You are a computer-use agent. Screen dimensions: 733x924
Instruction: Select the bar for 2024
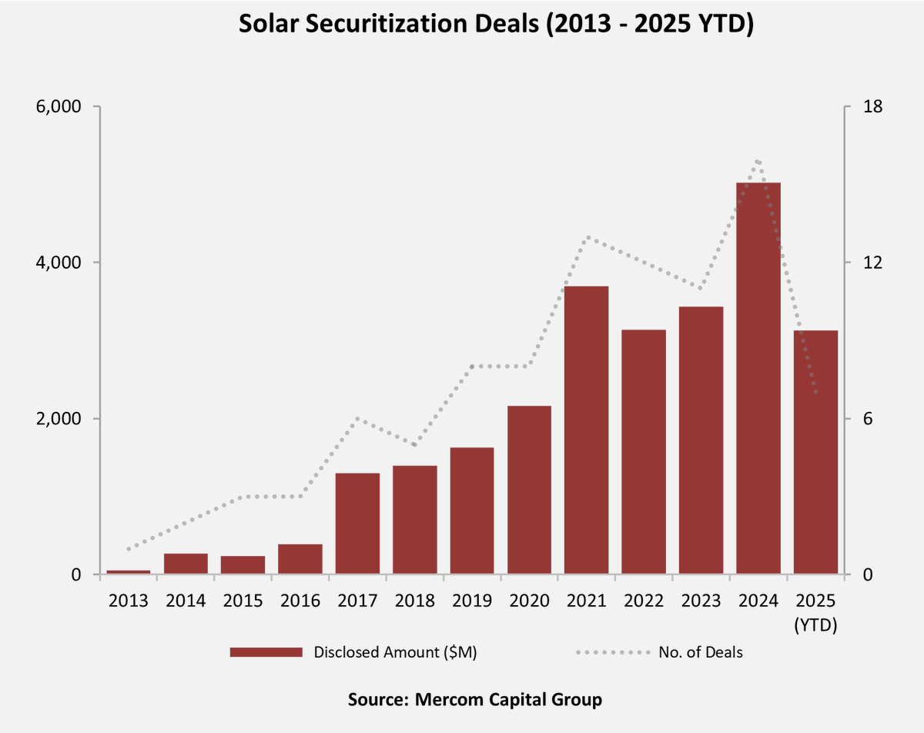click(x=758, y=377)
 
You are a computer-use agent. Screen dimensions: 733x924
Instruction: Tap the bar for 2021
click(x=586, y=430)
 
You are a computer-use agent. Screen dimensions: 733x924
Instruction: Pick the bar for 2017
click(x=357, y=524)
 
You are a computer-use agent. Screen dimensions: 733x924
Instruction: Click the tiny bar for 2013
click(x=128, y=572)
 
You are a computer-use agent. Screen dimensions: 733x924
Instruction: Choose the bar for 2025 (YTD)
click(x=815, y=452)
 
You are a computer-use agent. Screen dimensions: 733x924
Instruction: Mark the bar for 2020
click(x=529, y=490)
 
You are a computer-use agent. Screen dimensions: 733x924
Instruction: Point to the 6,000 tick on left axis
click(x=59, y=106)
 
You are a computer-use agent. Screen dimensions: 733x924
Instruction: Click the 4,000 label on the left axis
click(x=59, y=263)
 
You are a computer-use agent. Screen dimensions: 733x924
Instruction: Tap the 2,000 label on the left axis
click(x=59, y=419)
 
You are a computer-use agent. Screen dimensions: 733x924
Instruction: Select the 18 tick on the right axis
click(x=872, y=106)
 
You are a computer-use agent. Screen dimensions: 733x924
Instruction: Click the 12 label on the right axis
click(x=872, y=263)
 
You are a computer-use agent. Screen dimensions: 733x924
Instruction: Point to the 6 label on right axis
click(x=868, y=419)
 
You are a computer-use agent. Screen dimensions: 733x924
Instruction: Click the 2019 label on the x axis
click(x=472, y=601)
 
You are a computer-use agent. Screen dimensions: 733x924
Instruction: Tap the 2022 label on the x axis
click(x=644, y=601)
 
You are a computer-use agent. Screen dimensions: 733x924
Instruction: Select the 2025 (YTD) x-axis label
click(x=815, y=612)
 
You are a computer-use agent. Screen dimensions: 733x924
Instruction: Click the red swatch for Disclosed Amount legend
click(x=266, y=652)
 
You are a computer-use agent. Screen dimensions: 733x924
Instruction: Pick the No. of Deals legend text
click(x=701, y=652)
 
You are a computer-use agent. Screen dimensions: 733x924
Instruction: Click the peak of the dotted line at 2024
click(x=758, y=161)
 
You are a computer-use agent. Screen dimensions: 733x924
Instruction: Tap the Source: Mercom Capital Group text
click(x=474, y=700)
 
